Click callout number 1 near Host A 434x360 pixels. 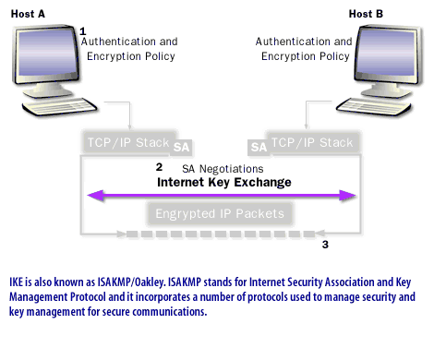pos(83,31)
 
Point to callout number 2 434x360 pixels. pos(159,167)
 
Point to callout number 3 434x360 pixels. pos(324,245)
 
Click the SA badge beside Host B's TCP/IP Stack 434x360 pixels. pos(258,147)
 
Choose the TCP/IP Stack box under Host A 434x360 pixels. pos(127,143)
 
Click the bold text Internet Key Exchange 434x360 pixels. pos(224,183)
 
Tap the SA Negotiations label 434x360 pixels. pos(223,168)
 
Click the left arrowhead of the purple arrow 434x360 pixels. pos(92,196)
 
